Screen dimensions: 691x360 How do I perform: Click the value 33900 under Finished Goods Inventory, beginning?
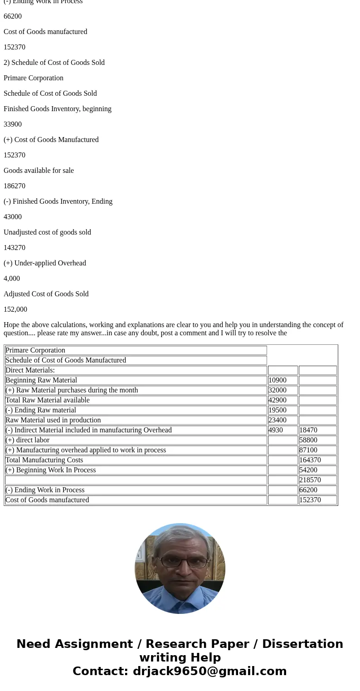click(x=13, y=124)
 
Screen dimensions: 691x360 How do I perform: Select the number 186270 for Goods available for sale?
click(x=15, y=186)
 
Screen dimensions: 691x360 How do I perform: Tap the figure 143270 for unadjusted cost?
click(x=15, y=248)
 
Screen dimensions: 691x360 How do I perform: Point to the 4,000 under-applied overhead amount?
click(x=12, y=279)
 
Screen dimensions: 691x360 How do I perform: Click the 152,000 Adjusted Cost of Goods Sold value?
click(x=15, y=309)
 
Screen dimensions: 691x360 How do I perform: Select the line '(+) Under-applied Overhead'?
click(x=45, y=263)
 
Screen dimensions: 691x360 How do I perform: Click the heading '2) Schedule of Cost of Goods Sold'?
click(x=54, y=63)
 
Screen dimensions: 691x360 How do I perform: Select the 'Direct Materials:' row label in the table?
click(x=30, y=370)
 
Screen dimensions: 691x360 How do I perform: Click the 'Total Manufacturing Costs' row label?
click(x=44, y=460)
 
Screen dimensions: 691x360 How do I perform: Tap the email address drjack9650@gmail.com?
click(x=209, y=671)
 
